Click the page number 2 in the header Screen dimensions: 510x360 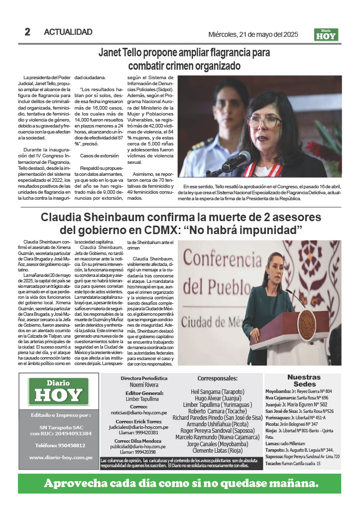[x=27, y=32]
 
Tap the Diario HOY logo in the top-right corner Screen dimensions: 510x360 [x=327, y=34]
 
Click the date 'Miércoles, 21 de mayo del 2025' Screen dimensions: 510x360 [x=253, y=34]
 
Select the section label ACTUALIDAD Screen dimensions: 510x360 [x=68, y=32]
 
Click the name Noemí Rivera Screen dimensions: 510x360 [x=144, y=385]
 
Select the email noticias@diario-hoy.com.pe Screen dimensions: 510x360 [x=138, y=412]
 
